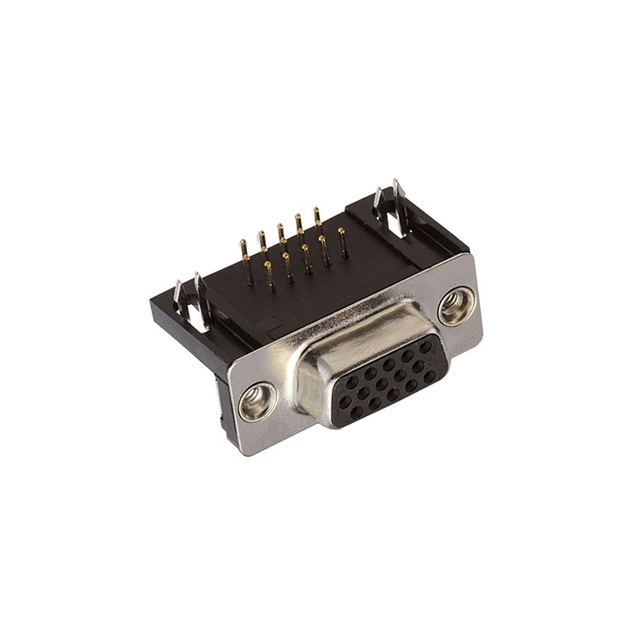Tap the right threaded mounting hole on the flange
457,306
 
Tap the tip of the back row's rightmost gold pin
317,212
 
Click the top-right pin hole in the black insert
426,347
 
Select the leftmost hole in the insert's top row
350,383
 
